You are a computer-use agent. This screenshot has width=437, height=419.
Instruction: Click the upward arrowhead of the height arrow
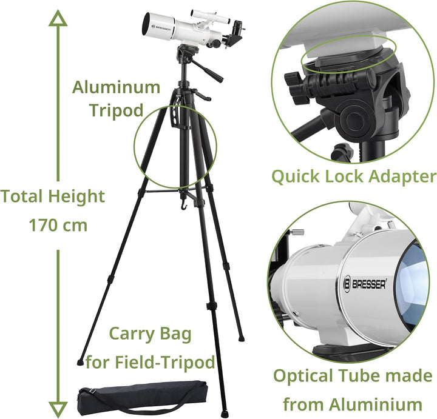point(58,18)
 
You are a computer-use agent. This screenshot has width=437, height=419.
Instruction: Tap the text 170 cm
point(58,225)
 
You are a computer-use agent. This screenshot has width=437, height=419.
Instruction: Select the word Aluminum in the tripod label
point(116,87)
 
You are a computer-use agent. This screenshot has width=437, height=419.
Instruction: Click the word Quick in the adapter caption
point(296,177)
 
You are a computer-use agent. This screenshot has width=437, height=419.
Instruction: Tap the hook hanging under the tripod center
point(183,203)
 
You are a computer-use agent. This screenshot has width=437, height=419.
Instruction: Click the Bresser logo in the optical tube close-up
point(365,284)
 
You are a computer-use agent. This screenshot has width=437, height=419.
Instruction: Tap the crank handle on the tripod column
point(202,95)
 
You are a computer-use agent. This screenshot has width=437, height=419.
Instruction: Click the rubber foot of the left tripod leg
point(80,362)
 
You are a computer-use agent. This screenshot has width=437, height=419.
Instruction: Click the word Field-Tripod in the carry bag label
point(164,362)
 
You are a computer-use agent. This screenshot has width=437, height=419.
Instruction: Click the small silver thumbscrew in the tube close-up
point(297,232)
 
